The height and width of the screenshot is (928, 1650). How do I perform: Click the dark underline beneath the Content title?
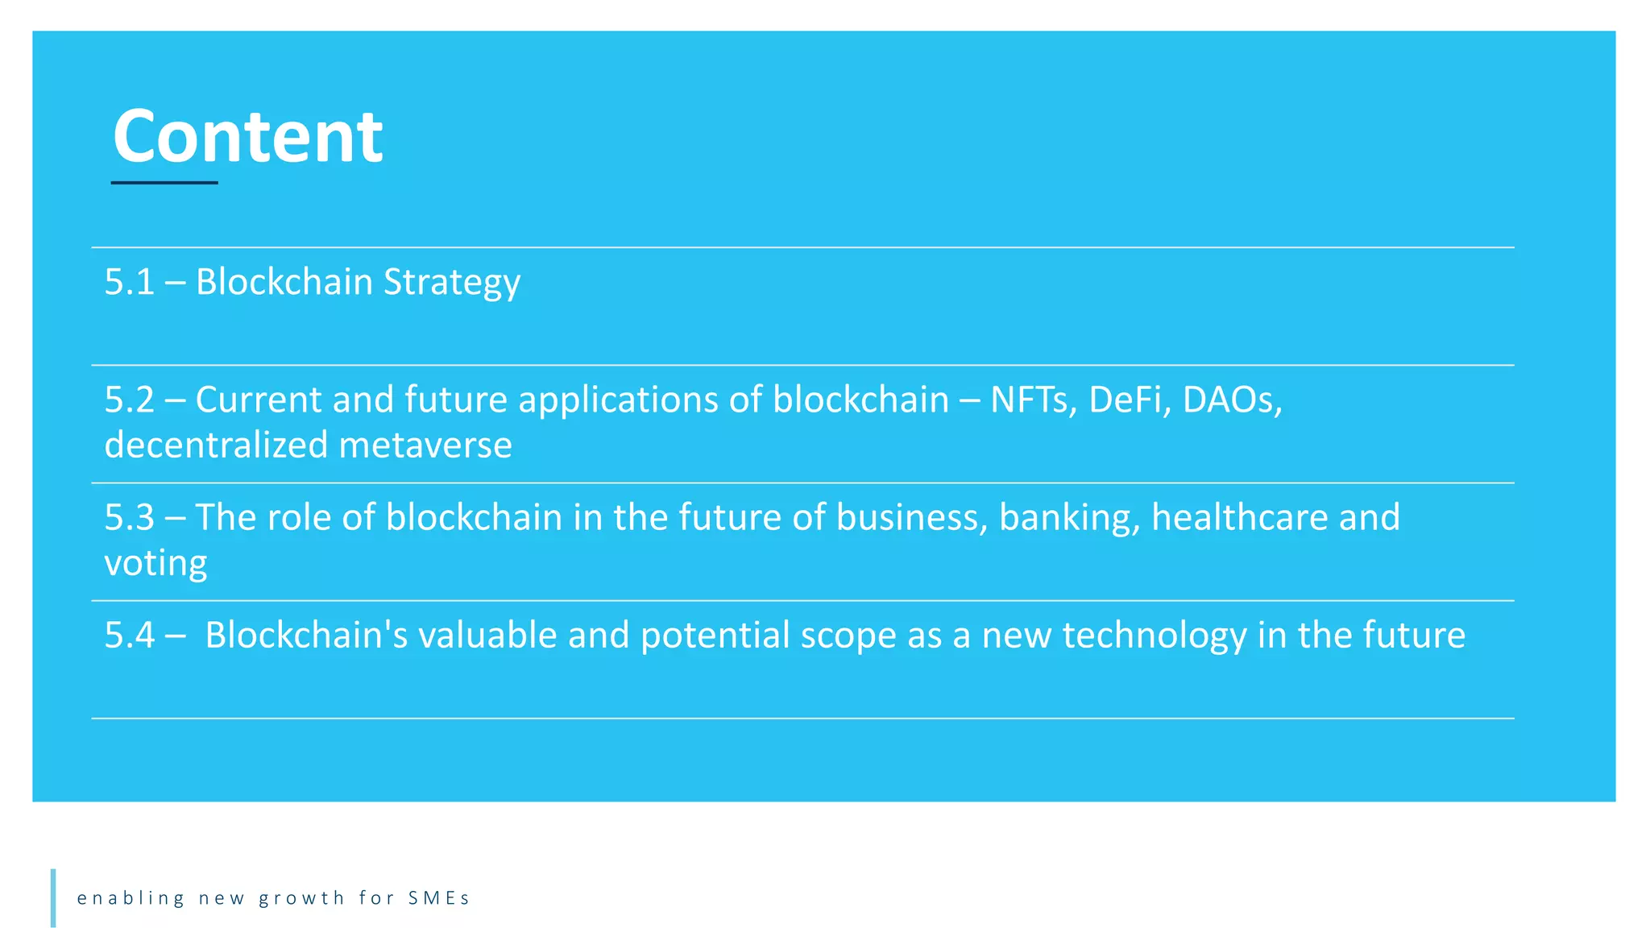pos(164,183)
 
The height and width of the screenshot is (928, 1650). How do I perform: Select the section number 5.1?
pos(129,282)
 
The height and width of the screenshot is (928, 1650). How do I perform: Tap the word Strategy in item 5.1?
pos(452,283)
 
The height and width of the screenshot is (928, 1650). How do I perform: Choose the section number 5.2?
pos(129,400)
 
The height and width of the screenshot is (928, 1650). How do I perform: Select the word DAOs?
pos(1231,400)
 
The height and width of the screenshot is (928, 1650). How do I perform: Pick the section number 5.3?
pos(129,517)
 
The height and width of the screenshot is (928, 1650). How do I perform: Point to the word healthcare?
pos(1239,517)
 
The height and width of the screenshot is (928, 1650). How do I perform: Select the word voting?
pos(155,563)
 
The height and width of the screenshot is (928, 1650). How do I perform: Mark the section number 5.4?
pos(129,635)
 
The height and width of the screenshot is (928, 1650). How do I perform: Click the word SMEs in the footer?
pos(438,898)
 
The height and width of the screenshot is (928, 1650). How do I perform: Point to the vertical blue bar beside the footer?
pos(53,897)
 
